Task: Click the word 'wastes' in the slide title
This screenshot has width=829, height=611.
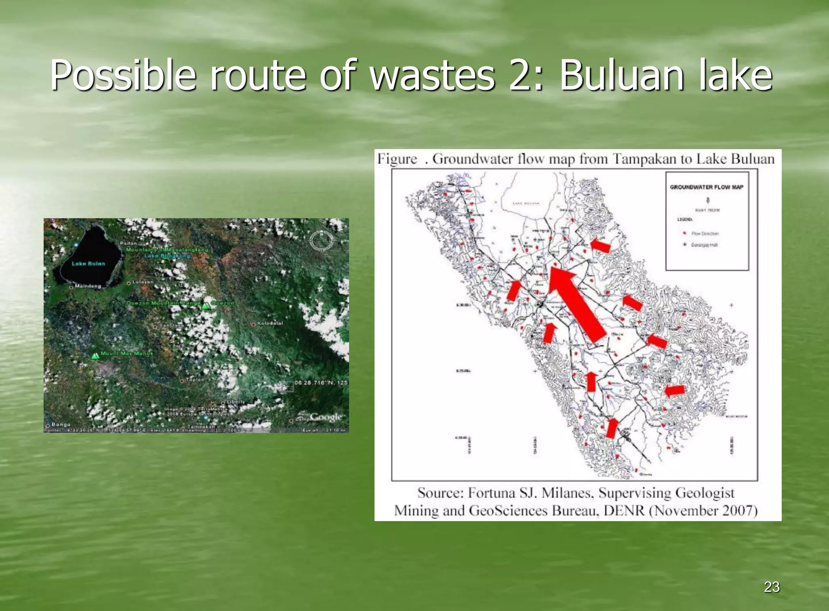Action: pos(432,75)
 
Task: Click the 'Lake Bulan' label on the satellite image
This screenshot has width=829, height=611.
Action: pos(88,264)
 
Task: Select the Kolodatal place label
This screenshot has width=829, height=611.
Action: pos(270,323)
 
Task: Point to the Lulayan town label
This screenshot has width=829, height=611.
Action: pos(142,282)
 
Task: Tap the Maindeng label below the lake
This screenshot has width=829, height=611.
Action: pos(87,286)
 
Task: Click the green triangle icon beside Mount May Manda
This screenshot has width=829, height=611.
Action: pos(95,356)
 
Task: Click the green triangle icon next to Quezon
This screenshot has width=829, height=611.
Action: pos(206,306)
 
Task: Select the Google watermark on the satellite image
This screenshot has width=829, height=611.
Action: pos(326,417)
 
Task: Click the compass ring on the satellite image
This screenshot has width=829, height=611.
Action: pos(321,241)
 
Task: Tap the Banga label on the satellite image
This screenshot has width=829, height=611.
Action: pos(61,424)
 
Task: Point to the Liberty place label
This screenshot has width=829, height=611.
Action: pos(236,402)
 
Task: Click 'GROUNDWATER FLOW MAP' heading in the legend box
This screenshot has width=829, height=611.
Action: pos(706,187)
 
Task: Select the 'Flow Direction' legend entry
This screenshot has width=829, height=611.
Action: pos(705,234)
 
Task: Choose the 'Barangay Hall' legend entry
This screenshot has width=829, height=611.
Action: pos(704,245)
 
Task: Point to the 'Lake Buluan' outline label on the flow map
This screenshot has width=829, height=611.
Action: pos(526,203)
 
